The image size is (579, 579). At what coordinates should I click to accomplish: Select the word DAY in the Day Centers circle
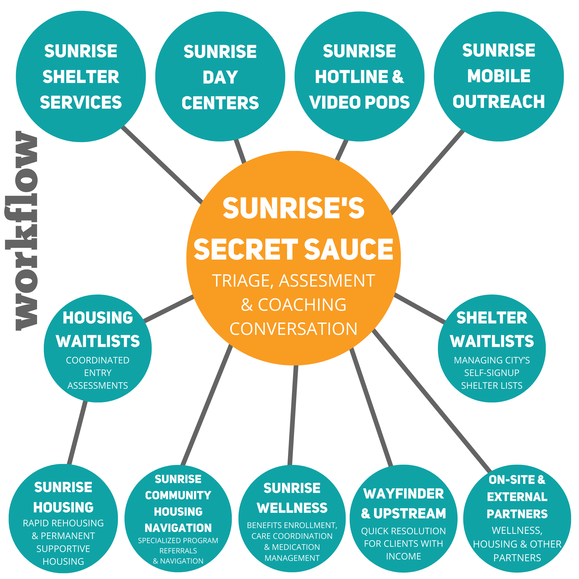(x=220, y=77)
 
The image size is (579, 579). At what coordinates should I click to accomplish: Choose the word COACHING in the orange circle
(x=302, y=305)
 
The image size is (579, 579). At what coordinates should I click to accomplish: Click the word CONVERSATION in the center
(x=293, y=329)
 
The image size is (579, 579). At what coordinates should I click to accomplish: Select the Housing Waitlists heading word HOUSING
(x=98, y=318)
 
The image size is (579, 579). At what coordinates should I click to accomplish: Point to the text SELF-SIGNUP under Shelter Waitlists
(x=491, y=373)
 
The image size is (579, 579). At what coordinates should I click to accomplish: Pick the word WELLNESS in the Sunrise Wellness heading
(x=292, y=508)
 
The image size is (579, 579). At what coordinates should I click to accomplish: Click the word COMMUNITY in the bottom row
(x=178, y=495)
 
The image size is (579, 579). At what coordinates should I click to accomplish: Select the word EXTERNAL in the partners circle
(x=517, y=497)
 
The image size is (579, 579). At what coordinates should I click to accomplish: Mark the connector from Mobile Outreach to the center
(x=427, y=172)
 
